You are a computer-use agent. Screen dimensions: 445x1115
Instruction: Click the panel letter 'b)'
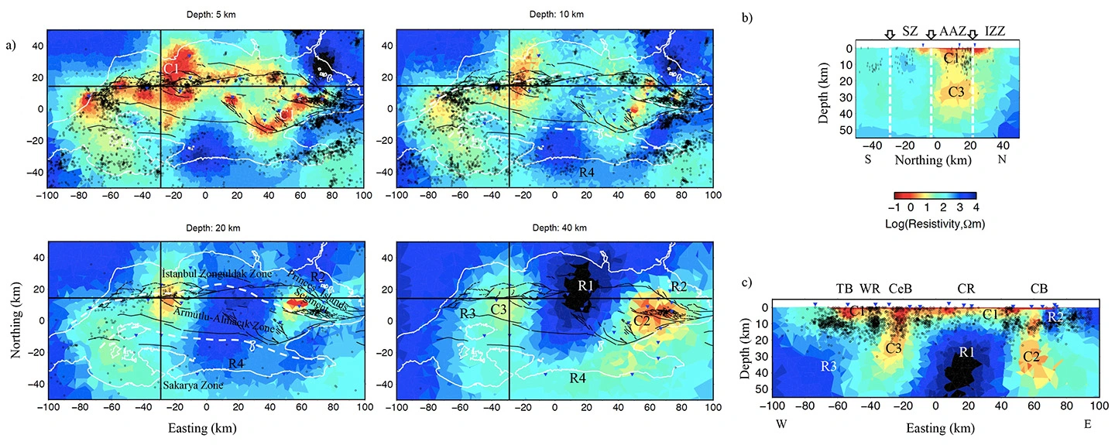[x=747, y=16]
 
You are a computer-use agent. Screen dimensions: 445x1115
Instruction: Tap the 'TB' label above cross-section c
[x=843, y=289]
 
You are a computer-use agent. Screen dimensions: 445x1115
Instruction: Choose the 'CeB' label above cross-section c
[x=901, y=289]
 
